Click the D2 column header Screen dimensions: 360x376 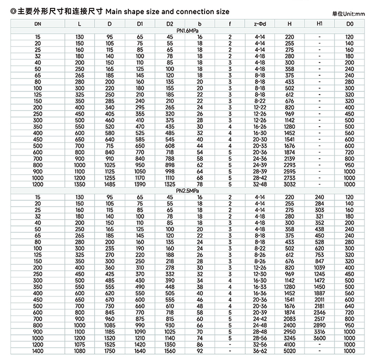(170, 24)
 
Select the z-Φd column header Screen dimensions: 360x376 (260, 24)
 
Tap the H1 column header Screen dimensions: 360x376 (320, 24)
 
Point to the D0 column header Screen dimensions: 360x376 (350, 24)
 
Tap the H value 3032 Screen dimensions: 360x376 (290, 184)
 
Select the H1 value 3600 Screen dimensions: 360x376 (320, 338)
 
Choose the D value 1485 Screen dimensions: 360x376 (110, 184)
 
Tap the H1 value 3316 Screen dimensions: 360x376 (320, 332)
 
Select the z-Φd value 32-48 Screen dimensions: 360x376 (260, 184)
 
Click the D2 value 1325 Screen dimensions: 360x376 (170, 184)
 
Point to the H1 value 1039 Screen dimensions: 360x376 (320, 267)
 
